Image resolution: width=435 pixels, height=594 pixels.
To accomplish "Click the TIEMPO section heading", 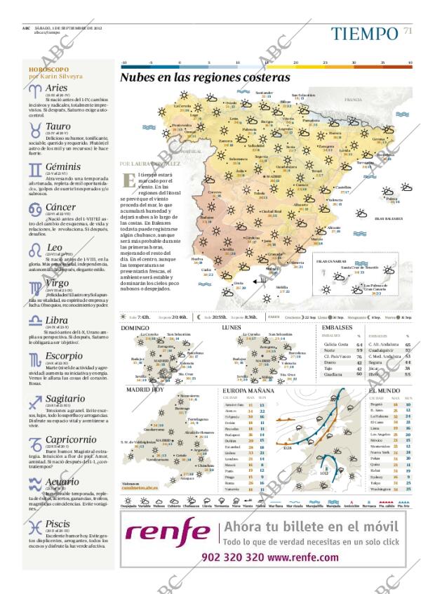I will (x=364, y=33).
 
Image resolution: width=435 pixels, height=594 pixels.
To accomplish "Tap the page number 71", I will (x=408, y=31).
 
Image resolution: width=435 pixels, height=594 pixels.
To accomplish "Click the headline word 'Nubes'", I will (x=140, y=78).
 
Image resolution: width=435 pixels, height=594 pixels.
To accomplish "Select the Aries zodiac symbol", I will (x=35, y=90).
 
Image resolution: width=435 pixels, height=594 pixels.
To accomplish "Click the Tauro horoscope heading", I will (x=58, y=127).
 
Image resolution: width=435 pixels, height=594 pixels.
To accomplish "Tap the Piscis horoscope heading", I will (x=58, y=523).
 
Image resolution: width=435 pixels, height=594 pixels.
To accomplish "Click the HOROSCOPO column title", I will (x=49, y=70).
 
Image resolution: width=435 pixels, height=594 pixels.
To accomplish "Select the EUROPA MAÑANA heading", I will (x=248, y=390).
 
